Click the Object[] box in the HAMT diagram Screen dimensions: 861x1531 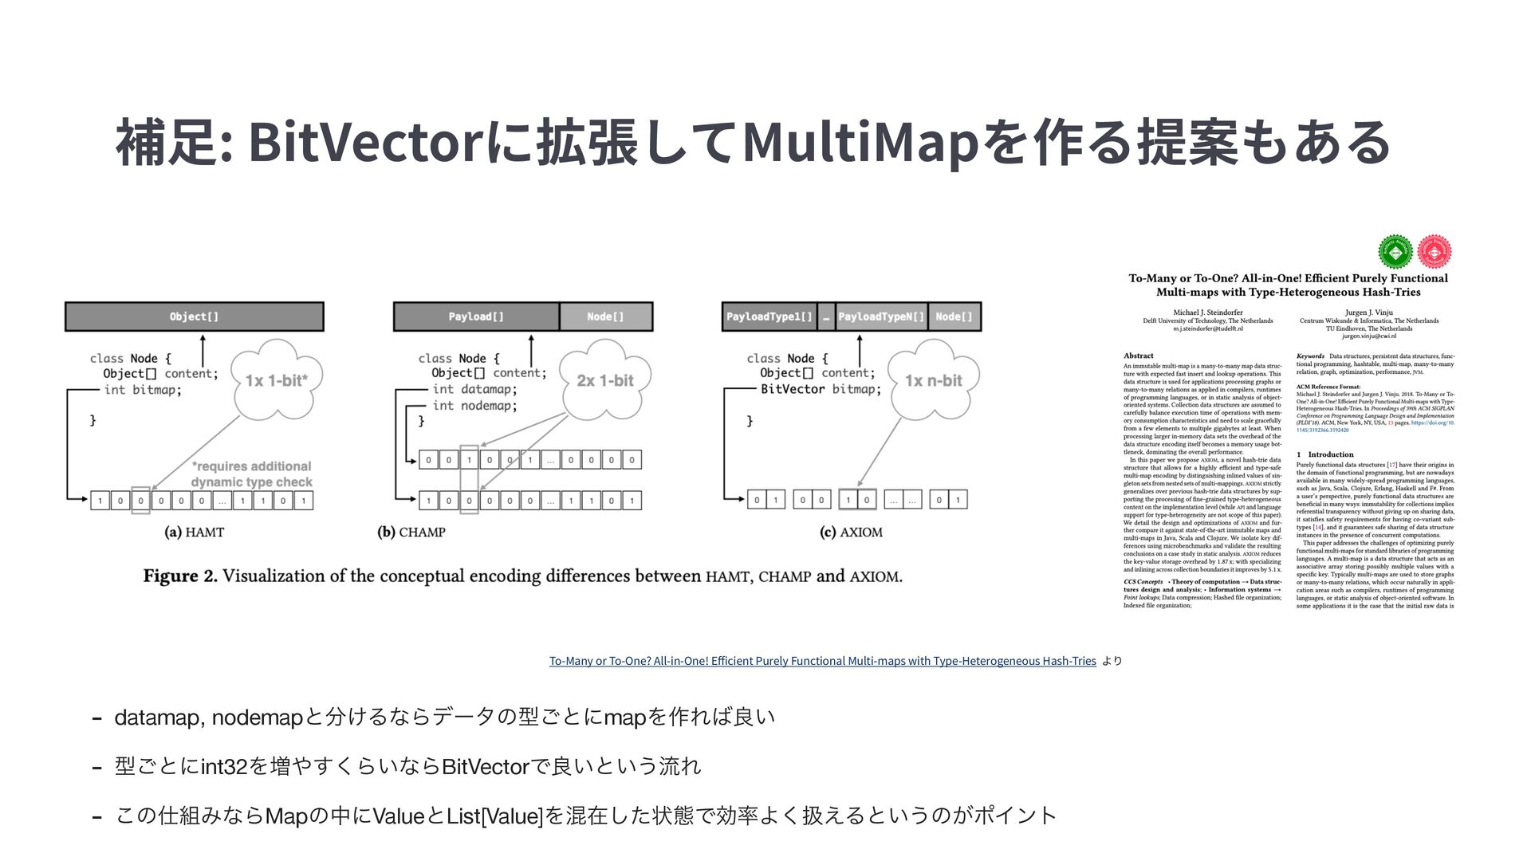[x=194, y=316]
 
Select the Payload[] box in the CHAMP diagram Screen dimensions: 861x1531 [x=476, y=316]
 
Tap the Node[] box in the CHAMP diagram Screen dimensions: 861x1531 [x=605, y=316]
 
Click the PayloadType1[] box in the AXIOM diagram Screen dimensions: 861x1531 [x=769, y=316]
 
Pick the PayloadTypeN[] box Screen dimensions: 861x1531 [x=880, y=316]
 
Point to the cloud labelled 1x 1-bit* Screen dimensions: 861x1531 [x=276, y=380]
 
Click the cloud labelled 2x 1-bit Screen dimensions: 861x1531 [x=604, y=380]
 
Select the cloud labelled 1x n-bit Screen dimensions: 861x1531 [x=933, y=380]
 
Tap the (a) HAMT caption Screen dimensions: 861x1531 [x=194, y=533]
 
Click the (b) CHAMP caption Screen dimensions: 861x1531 [x=411, y=533]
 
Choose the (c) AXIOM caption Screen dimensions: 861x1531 [x=851, y=533]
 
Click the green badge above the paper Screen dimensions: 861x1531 [x=1395, y=253]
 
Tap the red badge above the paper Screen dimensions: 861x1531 [x=1434, y=253]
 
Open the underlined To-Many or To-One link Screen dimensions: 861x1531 [x=822, y=661]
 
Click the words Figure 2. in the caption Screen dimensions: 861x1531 [x=180, y=576]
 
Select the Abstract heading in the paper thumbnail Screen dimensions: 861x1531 [x=1138, y=356]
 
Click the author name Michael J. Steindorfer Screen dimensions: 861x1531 [x=1207, y=313]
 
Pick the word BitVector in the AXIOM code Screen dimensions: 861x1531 [x=792, y=389]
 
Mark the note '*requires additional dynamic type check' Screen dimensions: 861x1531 [x=251, y=474]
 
